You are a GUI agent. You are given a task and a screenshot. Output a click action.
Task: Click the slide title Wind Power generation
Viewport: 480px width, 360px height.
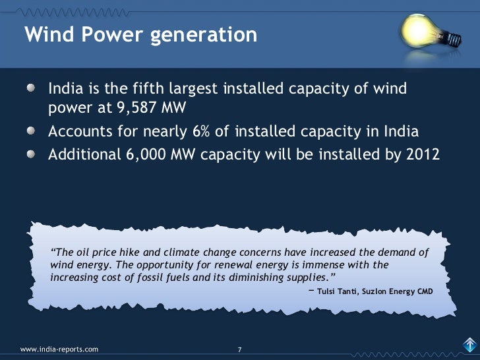click(x=140, y=34)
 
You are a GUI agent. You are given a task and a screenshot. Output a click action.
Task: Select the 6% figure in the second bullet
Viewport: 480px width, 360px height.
click(x=201, y=131)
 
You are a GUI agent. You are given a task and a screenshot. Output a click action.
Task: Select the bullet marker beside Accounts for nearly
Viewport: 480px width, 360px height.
click(x=32, y=131)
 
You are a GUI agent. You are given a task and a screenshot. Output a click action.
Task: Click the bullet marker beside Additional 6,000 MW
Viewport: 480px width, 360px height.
click(x=32, y=154)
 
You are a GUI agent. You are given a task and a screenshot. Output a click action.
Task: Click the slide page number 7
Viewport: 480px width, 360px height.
click(x=240, y=349)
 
